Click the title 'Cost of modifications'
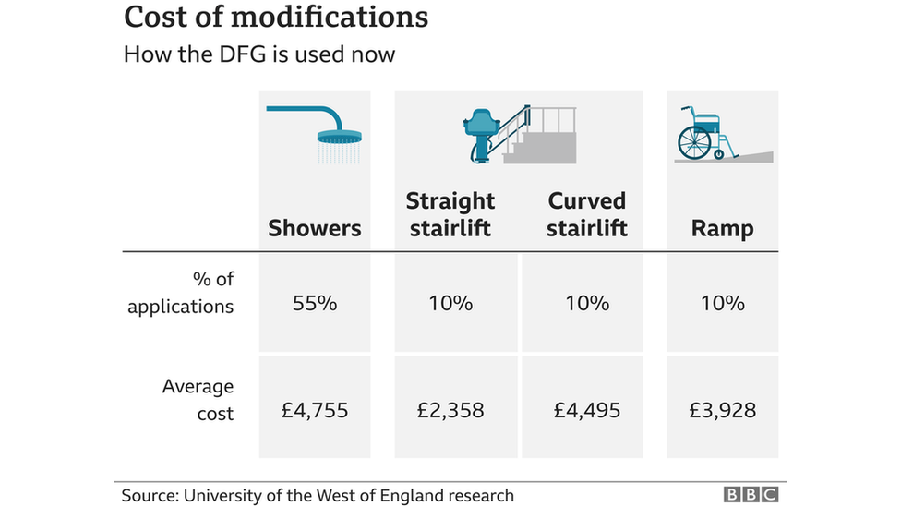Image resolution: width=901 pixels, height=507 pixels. [x=276, y=17]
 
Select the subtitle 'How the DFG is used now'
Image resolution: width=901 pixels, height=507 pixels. [x=259, y=54]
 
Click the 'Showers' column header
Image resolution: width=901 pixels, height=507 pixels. [x=315, y=228]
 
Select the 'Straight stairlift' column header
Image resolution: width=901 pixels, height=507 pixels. [x=450, y=214]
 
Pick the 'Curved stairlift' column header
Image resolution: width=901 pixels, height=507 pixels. [x=586, y=214]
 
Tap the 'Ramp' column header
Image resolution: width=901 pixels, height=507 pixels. [x=722, y=228]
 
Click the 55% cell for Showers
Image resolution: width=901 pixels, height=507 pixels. [x=315, y=303]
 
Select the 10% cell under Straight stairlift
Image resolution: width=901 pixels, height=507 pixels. [x=450, y=303]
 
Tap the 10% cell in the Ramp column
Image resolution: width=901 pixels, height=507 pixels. [x=722, y=303]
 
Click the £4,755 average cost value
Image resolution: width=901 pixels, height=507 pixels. [x=315, y=410]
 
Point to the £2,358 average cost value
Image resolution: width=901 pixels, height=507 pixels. [x=450, y=410]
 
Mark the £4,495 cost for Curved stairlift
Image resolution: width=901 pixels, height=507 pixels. [x=586, y=410]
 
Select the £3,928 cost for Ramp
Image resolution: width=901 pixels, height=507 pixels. [x=722, y=410]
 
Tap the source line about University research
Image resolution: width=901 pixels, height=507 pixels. [x=318, y=496]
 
